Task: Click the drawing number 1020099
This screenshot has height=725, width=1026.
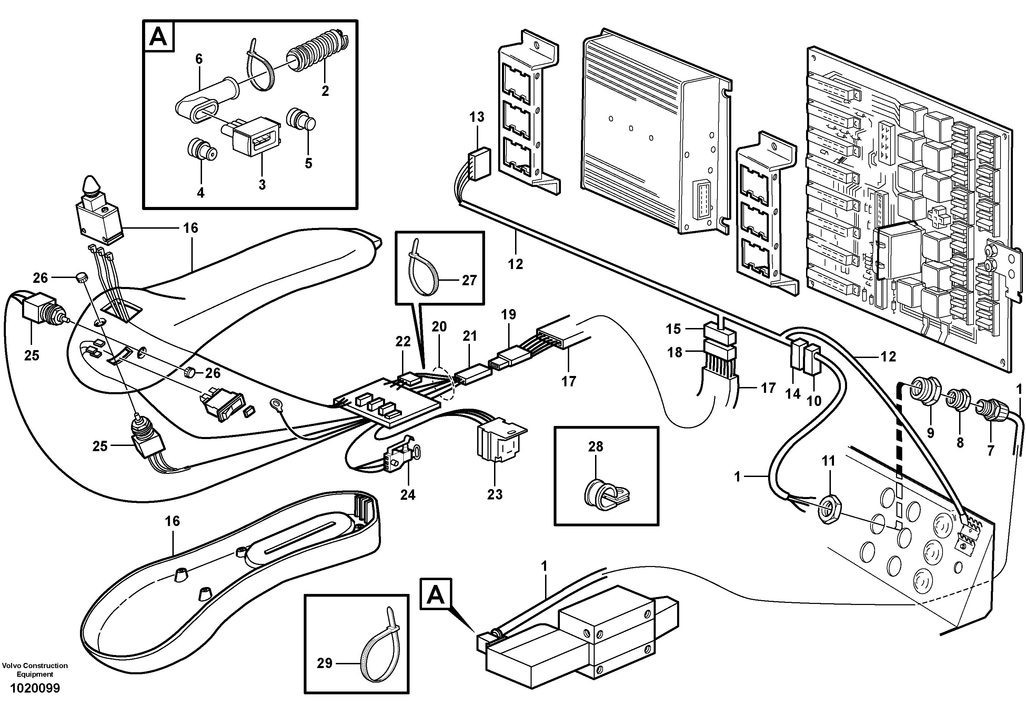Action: tap(35, 688)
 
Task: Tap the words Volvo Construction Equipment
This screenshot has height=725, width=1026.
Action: tap(35, 669)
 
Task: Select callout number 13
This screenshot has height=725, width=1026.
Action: tap(476, 117)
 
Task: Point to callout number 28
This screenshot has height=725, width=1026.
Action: tap(596, 446)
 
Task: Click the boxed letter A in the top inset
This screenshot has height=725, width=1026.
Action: tap(158, 36)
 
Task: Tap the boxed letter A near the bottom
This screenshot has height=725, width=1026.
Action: tap(436, 595)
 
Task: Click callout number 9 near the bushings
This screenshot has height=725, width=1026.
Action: tap(931, 433)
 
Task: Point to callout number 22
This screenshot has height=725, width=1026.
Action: tap(403, 341)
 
